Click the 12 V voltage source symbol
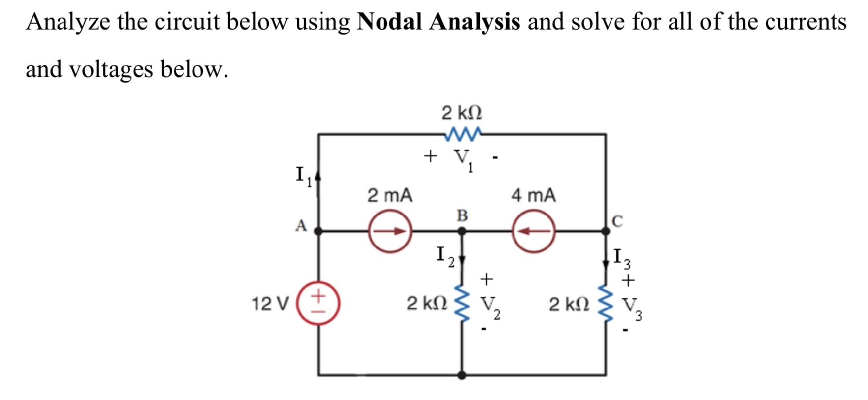coord(318,303)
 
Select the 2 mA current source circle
coord(390,231)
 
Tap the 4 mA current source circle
coord(534,231)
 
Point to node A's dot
coord(318,231)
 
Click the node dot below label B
coord(462,231)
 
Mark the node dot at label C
coord(606,230)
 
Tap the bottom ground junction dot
coord(462,375)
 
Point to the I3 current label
coord(621,258)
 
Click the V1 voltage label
coord(463,159)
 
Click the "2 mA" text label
coord(389,195)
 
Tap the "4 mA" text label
coord(533,195)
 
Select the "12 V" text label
coord(269,304)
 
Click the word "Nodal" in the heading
coord(389,22)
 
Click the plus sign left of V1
coord(430,156)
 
